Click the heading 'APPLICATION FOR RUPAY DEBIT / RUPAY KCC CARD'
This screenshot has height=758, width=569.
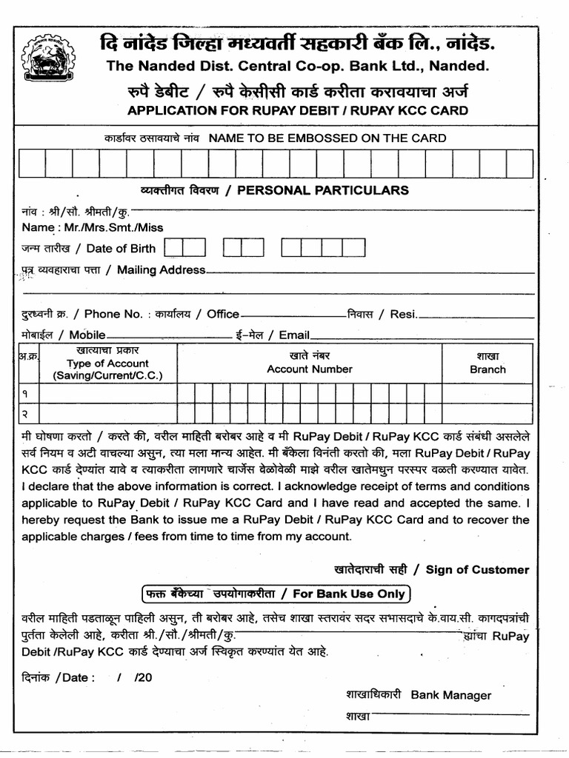(x=298, y=111)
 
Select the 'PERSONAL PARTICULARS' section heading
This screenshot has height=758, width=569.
(x=322, y=190)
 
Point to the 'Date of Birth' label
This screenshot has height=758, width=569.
(x=121, y=248)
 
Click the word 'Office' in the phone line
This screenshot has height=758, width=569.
(x=223, y=314)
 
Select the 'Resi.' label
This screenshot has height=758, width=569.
(x=404, y=314)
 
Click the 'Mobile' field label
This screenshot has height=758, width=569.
(x=87, y=335)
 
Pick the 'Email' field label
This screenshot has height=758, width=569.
(x=294, y=335)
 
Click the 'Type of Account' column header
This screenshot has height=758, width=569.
(x=107, y=363)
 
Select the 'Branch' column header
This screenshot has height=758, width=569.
(x=488, y=369)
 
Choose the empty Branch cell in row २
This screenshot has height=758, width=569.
(x=488, y=413)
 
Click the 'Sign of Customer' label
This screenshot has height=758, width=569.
(x=477, y=569)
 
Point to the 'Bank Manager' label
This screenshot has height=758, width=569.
(x=450, y=695)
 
